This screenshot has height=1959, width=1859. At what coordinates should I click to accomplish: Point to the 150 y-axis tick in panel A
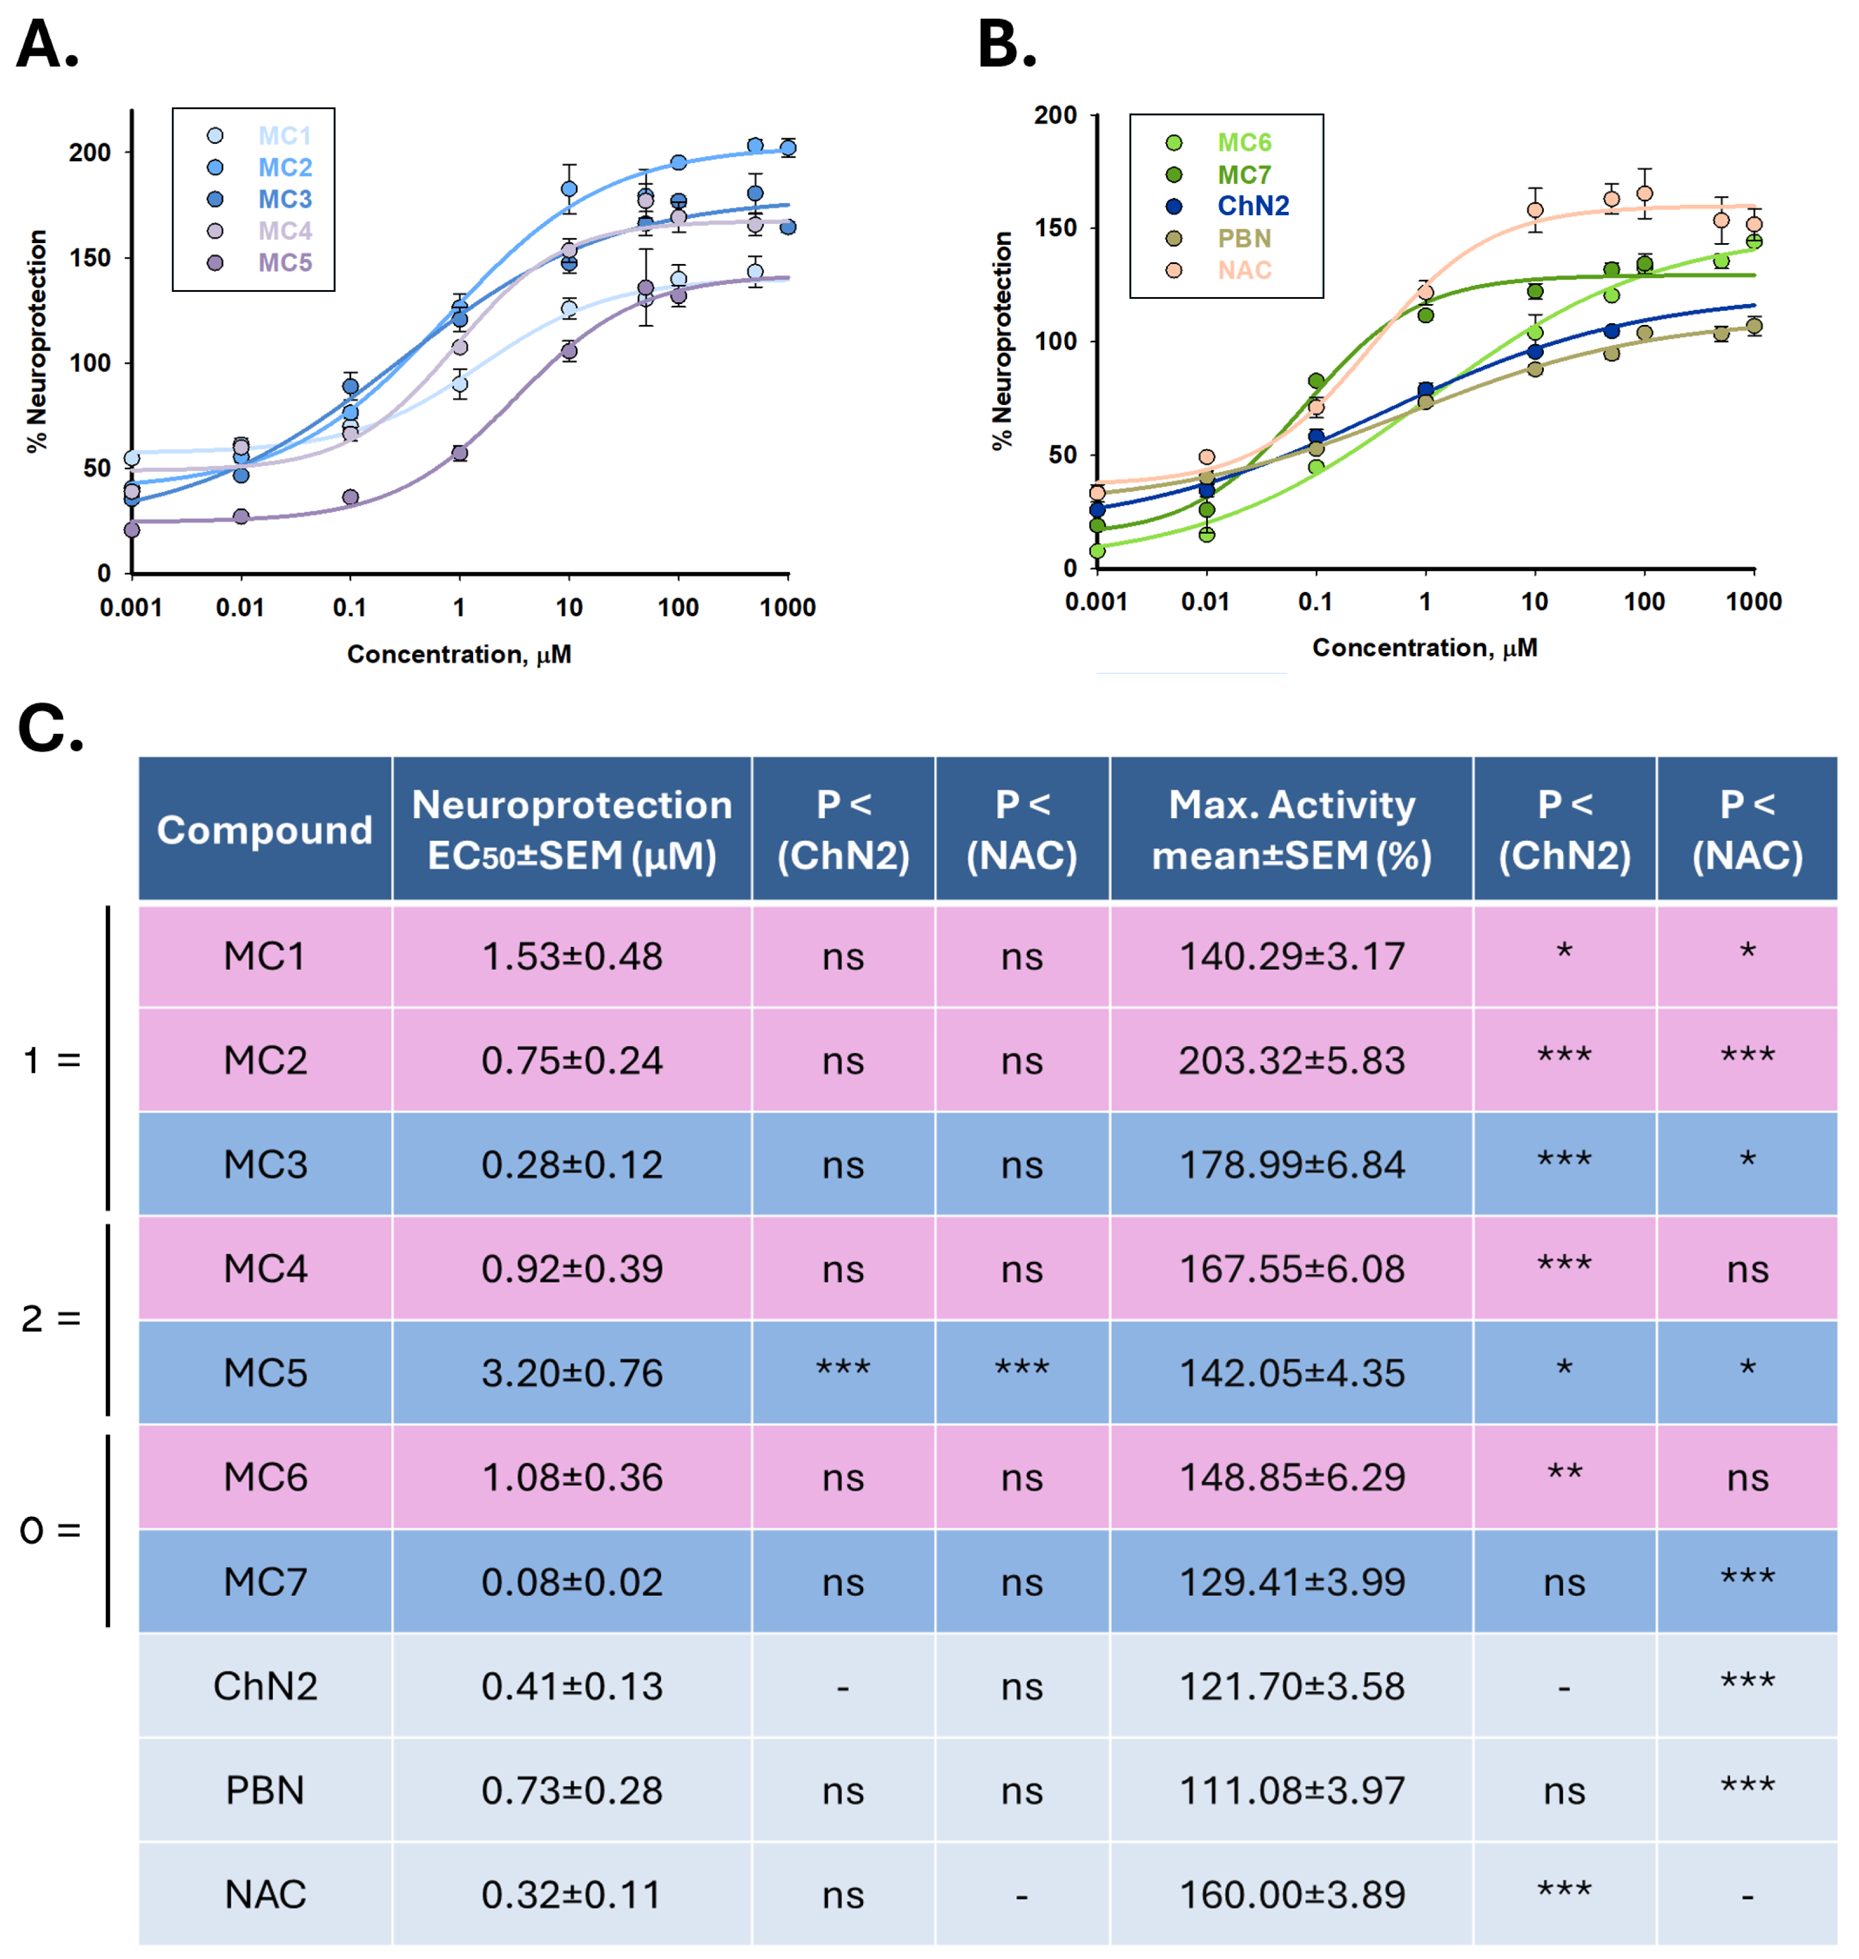tap(89, 258)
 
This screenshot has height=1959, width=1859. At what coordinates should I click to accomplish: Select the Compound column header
tap(265, 829)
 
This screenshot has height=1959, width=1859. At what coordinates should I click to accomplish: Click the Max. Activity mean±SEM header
tap(1291, 829)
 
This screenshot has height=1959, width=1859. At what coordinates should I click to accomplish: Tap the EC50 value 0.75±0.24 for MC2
tap(572, 1060)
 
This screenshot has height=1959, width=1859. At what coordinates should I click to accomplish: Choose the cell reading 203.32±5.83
tap(1291, 1060)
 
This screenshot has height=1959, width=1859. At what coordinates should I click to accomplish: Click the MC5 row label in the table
tap(265, 1372)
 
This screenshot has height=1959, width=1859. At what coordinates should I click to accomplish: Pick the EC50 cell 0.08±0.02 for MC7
tap(572, 1581)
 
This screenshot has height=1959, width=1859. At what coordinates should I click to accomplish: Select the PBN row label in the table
tap(265, 1790)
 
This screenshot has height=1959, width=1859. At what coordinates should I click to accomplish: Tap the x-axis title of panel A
tap(459, 654)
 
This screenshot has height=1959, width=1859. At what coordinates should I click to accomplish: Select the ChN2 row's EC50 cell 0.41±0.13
tap(572, 1686)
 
